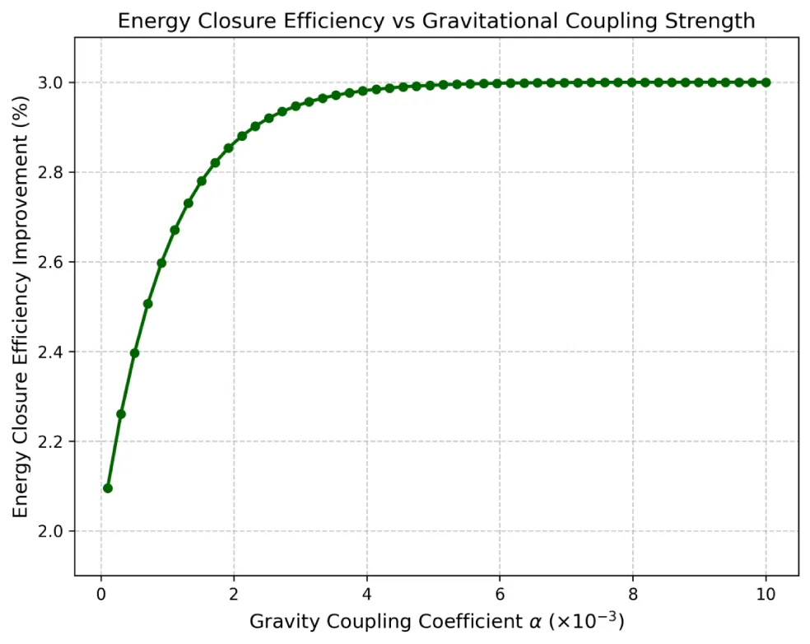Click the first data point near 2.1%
(x=107, y=488)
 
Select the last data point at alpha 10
(x=766, y=82)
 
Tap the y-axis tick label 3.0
(x=54, y=82)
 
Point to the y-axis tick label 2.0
(x=54, y=531)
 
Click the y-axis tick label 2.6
(x=54, y=262)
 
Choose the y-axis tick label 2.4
(x=54, y=352)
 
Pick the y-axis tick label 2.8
(x=54, y=172)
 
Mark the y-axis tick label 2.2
(x=54, y=441)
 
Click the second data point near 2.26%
(x=120, y=413)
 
